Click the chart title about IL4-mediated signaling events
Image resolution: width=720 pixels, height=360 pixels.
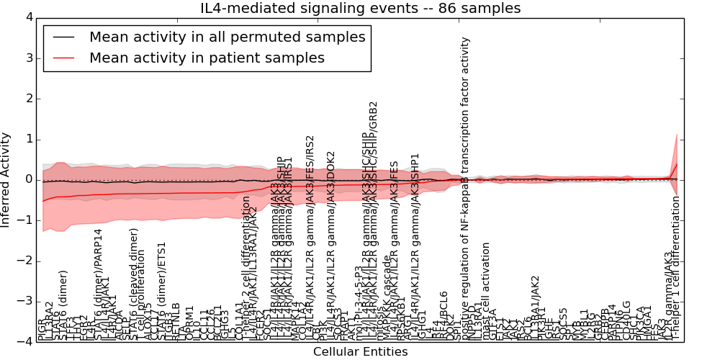[360, 9]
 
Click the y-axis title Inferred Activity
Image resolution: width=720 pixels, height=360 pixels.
[6, 179]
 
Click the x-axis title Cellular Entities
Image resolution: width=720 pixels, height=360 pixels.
[360, 352]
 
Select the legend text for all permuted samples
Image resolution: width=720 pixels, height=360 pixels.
[227, 37]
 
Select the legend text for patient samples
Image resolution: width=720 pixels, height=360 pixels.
[207, 58]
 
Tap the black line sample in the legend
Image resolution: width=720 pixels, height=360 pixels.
[63, 37]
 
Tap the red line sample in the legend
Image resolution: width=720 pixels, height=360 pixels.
[63, 58]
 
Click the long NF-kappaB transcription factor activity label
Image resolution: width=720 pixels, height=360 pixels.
[465, 187]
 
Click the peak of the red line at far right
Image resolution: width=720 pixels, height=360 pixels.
[677, 164]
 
